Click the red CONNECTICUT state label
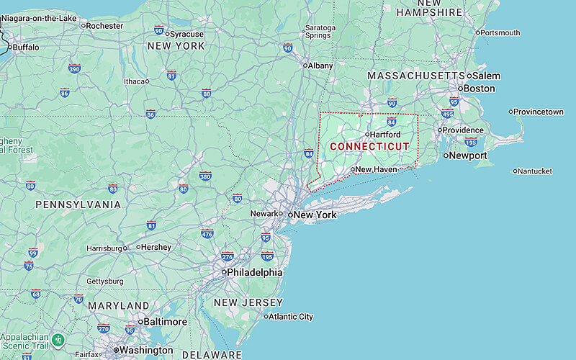369,146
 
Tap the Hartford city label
385,134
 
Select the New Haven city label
376,169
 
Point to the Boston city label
479,89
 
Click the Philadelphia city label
254,273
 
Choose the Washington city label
147,351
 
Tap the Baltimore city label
165,322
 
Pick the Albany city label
320,66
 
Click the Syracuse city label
186,34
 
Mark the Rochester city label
104,26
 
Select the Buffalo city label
26,48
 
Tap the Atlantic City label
291,317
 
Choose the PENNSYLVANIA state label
78,204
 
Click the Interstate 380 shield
205,176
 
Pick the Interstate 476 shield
207,233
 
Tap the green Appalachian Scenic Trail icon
58,338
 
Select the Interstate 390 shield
74,69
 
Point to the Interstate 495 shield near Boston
447,114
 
